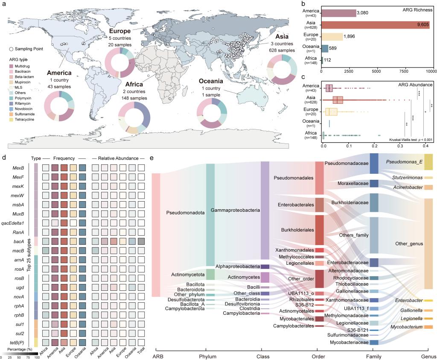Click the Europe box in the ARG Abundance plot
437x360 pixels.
click(331, 112)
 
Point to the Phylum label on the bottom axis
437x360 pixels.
click(210, 356)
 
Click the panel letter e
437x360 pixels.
click(152, 158)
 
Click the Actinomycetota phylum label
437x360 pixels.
click(181, 274)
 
